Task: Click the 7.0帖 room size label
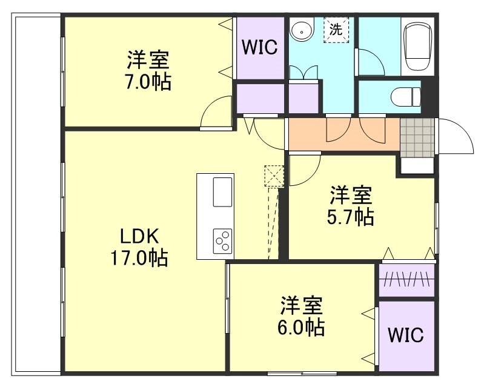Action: (148, 82)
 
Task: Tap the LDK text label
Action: (139, 236)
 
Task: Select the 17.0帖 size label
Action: (139, 259)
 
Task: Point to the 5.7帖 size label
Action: (351, 216)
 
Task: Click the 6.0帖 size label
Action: (302, 328)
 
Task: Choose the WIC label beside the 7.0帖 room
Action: (260, 47)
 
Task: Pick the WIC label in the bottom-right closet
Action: (406, 335)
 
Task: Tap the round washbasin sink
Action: (301, 30)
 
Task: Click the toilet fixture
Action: (406, 96)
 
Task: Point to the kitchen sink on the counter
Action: (222, 192)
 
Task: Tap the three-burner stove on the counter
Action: (222, 241)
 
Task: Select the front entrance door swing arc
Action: (456, 136)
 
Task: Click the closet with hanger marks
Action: (407, 281)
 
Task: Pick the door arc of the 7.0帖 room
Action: (216, 113)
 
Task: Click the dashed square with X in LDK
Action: (274, 176)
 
